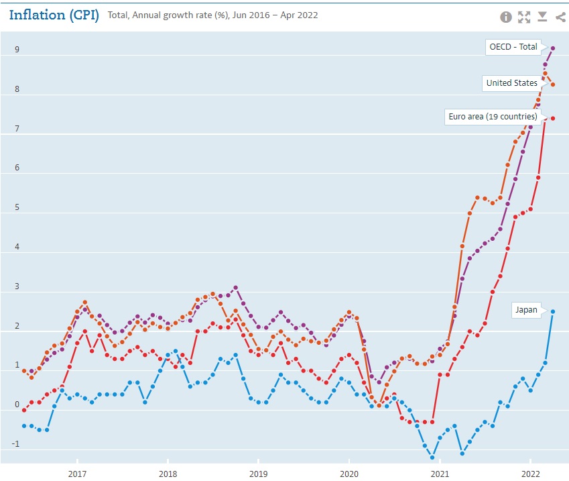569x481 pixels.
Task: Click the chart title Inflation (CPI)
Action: (54, 15)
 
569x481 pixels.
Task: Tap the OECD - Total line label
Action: (513, 47)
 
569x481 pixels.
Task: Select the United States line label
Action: (511, 83)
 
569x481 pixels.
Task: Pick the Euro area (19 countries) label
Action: (493, 117)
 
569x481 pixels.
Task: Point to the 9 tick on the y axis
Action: (17, 50)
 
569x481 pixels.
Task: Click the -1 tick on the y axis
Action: (15, 444)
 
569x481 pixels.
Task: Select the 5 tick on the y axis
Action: (17, 208)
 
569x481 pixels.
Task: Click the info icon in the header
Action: (506, 17)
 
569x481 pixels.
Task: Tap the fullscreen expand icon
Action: (524, 17)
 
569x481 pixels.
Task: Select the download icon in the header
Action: (542, 17)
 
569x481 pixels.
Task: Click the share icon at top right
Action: (560, 17)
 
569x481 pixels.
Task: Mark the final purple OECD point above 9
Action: (553, 48)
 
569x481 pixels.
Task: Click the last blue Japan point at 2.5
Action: (553, 311)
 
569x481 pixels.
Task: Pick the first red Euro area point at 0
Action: (24, 410)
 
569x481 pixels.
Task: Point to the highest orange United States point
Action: (546, 74)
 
